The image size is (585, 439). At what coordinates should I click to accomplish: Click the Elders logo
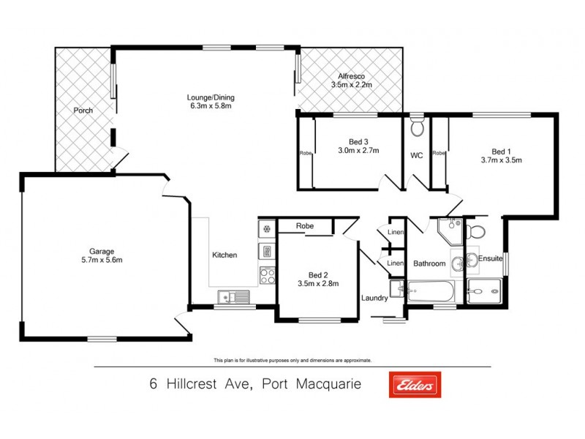click(x=414, y=383)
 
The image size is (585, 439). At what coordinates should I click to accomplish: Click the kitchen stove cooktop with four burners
click(x=267, y=276)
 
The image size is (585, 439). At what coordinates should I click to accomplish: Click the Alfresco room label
click(x=351, y=76)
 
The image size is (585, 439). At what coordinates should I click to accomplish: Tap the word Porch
click(x=83, y=111)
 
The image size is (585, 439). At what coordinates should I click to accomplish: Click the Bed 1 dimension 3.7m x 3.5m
click(x=501, y=160)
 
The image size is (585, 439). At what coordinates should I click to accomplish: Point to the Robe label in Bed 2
click(x=305, y=226)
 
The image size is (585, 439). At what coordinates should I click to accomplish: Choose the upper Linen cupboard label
click(x=395, y=233)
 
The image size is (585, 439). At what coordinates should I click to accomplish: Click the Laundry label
click(x=374, y=298)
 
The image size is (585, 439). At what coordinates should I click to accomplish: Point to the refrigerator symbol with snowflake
click(x=267, y=229)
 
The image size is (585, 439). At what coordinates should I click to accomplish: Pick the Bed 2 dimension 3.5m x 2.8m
click(x=317, y=283)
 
